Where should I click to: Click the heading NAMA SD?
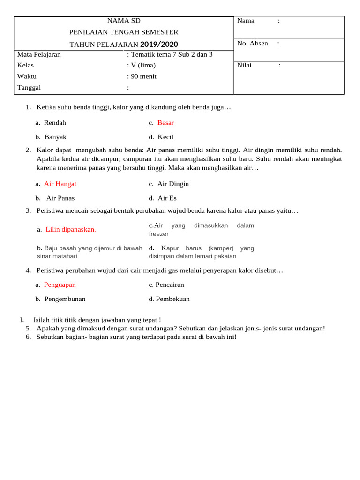click(x=124, y=21)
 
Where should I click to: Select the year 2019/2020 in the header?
click(x=159, y=44)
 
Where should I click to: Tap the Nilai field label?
click(x=244, y=65)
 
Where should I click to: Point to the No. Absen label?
click(x=253, y=44)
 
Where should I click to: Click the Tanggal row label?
click(x=29, y=88)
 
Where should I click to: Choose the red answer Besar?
click(x=165, y=123)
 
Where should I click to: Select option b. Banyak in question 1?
click(x=51, y=137)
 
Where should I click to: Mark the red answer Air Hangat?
click(x=60, y=184)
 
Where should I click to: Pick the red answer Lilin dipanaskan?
click(x=71, y=230)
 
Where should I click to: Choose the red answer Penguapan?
click(x=60, y=285)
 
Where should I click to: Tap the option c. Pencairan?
click(x=166, y=285)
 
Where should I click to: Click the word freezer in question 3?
click(x=158, y=234)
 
